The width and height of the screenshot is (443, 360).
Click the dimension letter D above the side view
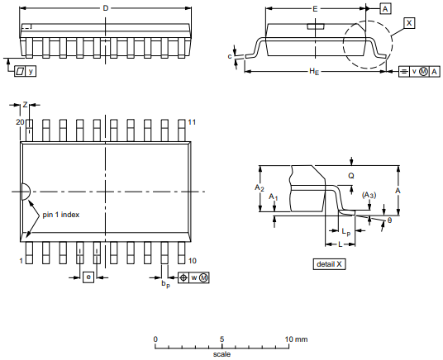(106, 8)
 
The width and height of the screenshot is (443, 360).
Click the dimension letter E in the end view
(315, 9)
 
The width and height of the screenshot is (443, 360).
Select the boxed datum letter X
(409, 23)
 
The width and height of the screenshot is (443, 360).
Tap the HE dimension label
(314, 72)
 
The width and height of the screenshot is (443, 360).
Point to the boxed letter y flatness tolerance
(31, 71)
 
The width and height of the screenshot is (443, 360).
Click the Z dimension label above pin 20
(25, 105)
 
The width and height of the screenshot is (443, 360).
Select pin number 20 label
(20, 122)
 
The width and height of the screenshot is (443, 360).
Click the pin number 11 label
(192, 122)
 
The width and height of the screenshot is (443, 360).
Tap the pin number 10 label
(192, 261)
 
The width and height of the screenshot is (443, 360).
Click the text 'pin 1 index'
(60, 215)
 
